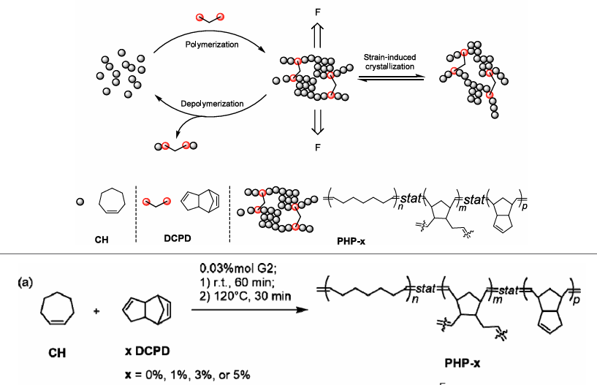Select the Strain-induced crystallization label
pyautogui.click(x=389, y=61)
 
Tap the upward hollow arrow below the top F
pyautogui.click(x=317, y=34)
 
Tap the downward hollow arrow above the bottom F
pyautogui.click(x=317, y=122)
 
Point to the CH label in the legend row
pyautogui.click(x=102, y=238)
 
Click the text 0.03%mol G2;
pyautogui.click(x=244, y=268)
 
